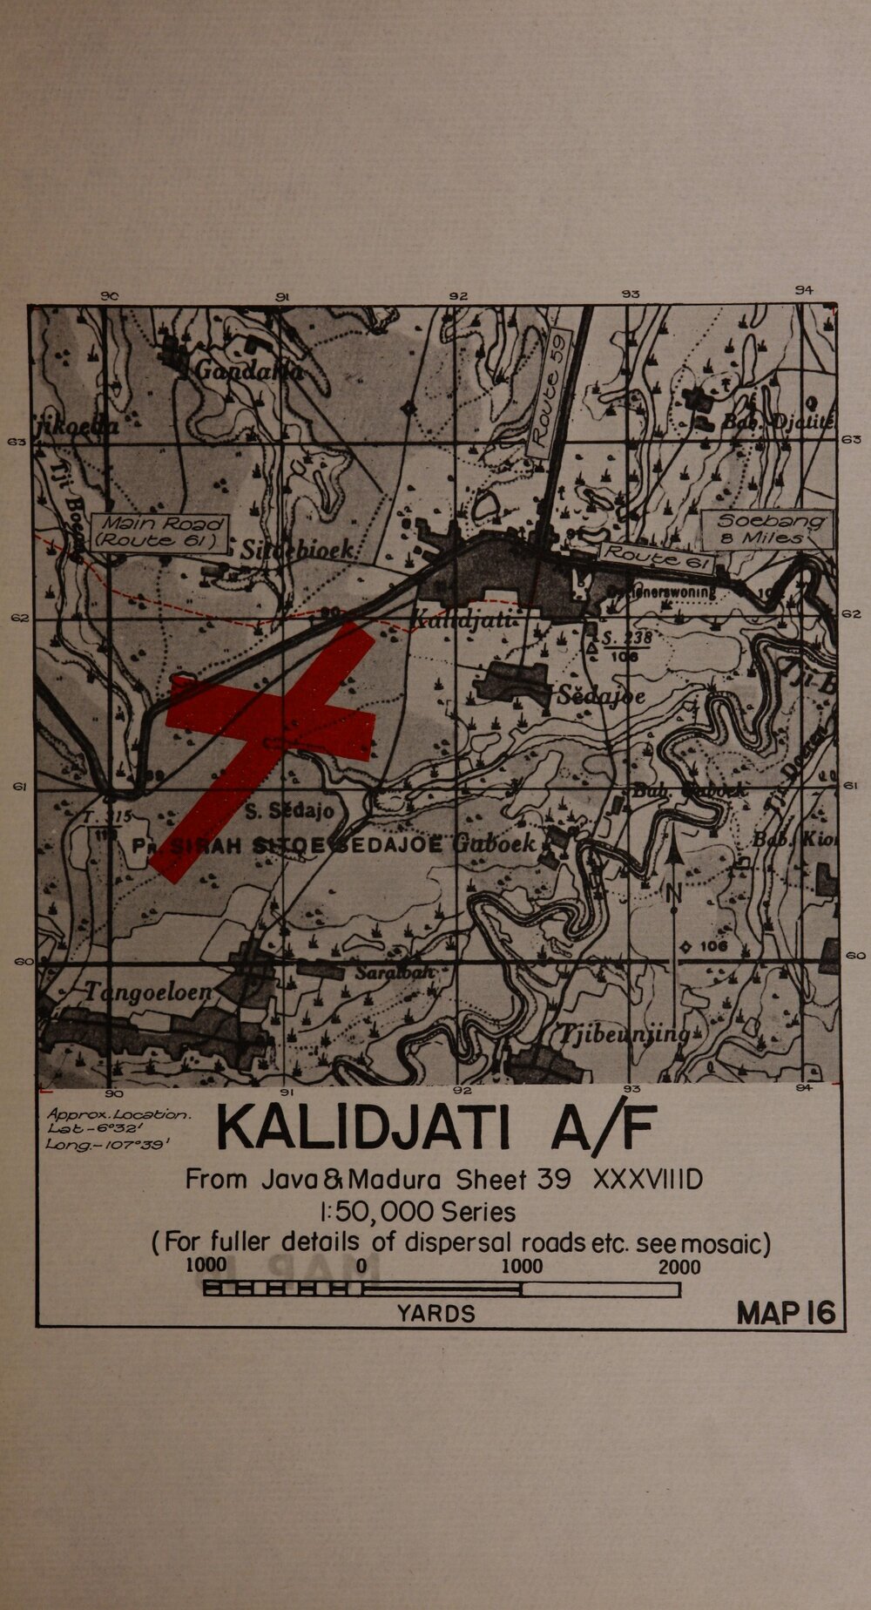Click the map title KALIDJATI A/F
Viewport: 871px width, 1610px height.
435,1128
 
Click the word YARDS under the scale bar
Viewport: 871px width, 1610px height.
435,1314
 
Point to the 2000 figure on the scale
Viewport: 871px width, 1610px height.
679,1267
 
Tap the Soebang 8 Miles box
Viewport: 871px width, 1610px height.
767,529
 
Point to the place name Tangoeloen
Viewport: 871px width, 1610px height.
149,991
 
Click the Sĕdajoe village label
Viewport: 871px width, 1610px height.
602,696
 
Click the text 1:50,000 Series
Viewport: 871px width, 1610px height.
417,1212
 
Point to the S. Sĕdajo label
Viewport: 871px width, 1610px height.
289,812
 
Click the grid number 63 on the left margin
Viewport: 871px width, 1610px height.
17,443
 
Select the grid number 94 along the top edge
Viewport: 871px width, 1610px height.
804,291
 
